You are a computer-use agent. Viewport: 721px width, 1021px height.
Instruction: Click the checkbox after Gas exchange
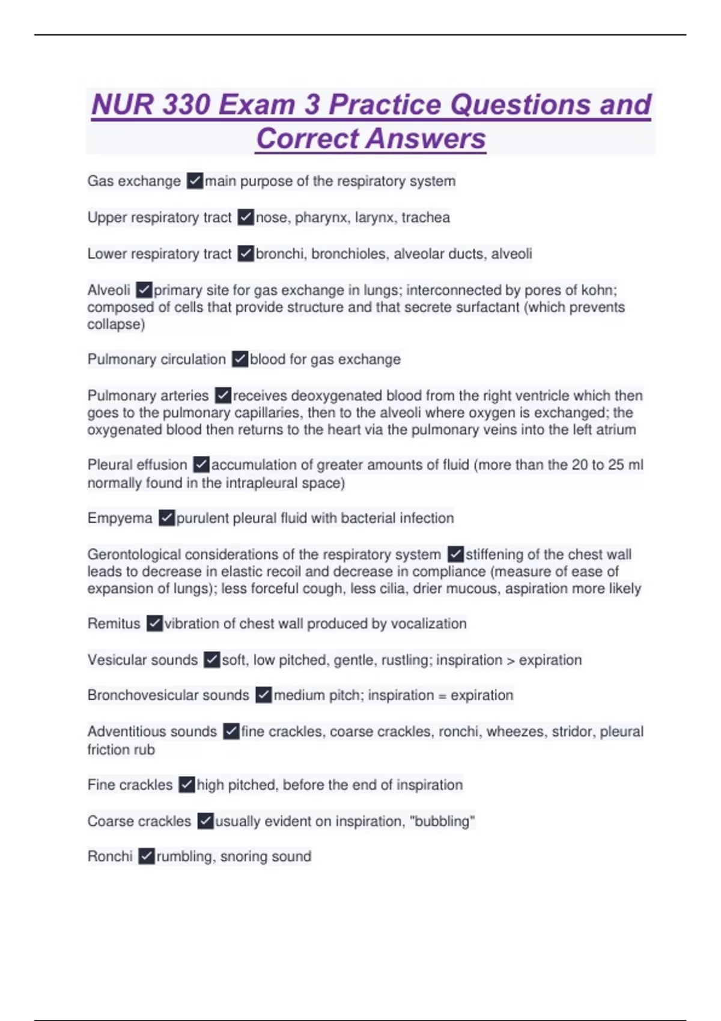click(x=195, y=181)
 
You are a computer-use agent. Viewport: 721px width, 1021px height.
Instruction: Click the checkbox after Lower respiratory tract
click(x=245, y=253)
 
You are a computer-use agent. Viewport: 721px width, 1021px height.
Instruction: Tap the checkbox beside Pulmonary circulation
click(x=240, y=359)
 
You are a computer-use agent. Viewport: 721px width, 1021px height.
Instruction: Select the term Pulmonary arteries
click(x=148, y=396)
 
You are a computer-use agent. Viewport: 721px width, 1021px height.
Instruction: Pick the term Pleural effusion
click(x=137, y=465)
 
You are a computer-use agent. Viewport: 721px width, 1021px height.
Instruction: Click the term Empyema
click(x=120, y=518)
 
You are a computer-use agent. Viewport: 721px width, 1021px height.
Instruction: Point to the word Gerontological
click(x=134, y=554)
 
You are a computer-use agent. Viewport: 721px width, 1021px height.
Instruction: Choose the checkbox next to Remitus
click(x=154, y=623)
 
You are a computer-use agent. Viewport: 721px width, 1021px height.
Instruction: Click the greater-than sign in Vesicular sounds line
click(x=510, y=661)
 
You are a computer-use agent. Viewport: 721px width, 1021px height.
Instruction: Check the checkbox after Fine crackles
click(x=187, y=784)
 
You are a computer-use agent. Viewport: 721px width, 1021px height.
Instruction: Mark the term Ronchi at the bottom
click(x=110, y=856)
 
